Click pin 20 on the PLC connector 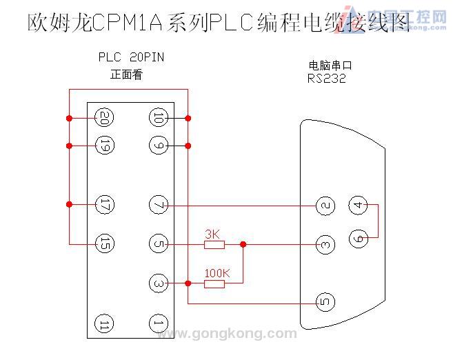point(105,118)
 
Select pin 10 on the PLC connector point(158,118)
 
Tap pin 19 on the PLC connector point(105,146)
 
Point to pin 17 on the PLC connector point(105,205)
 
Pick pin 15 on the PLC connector point(105,243)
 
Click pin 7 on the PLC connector point(158,205)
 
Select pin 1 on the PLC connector point(158,323)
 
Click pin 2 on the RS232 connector point(325,205)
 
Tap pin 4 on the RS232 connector point(357,205)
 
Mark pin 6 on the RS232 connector point(357,237)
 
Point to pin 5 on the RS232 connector point(325,301)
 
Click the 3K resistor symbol point(214,243)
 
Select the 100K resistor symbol point(214,283)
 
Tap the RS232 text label point(327,79)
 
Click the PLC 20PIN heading point(131,58)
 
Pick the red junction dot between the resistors point(242,243)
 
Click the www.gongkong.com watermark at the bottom point(228,334)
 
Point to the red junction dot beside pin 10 point(188,118)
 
